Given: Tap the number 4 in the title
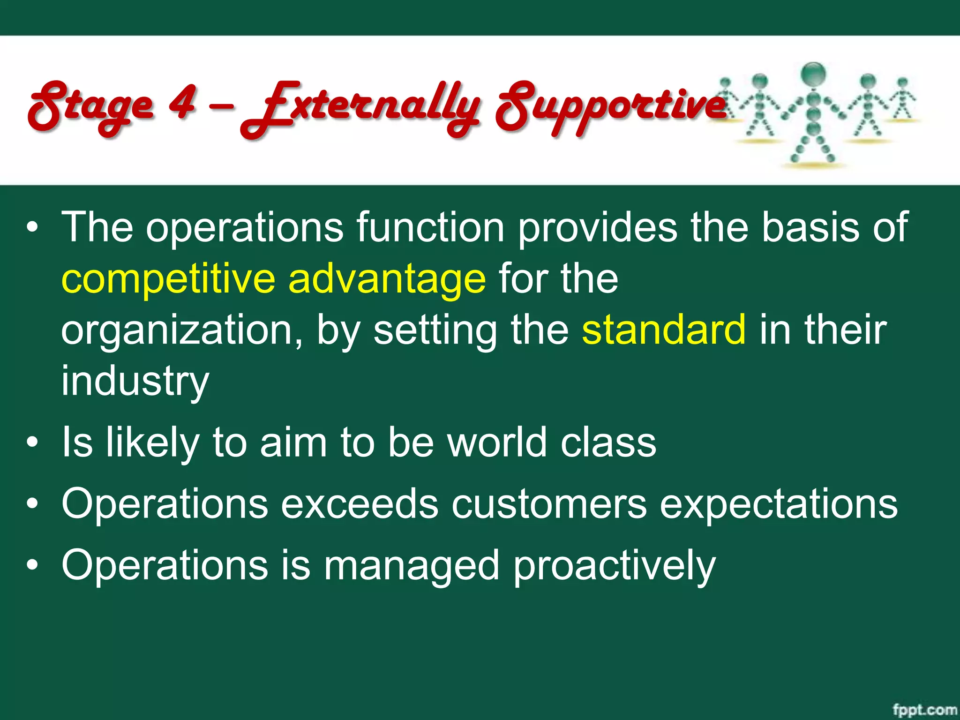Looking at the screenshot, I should pos(182,102).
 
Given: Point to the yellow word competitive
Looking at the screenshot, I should pos(168,280).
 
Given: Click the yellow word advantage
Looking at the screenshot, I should pos(387,280).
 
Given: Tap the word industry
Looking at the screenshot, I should pos(135,381).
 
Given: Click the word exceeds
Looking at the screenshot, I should pos(360,503).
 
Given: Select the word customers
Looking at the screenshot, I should pos(549,504).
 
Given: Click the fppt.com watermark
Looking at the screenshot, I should pos(924,710).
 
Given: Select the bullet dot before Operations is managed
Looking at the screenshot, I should pos(32,565).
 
